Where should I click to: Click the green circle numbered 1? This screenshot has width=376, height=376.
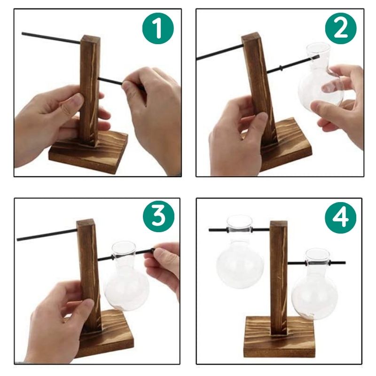click(x=158, y=29)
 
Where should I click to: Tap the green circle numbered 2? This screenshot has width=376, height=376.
click(x=341, y=29)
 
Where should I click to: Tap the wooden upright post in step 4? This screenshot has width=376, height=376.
click(x=278, y=273)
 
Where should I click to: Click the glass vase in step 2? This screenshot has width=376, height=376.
click(x=322, y=80)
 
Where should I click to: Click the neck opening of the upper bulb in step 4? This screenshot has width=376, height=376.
click(x=239, y=221)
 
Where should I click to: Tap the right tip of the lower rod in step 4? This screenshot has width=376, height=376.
click(x=345, y=263)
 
